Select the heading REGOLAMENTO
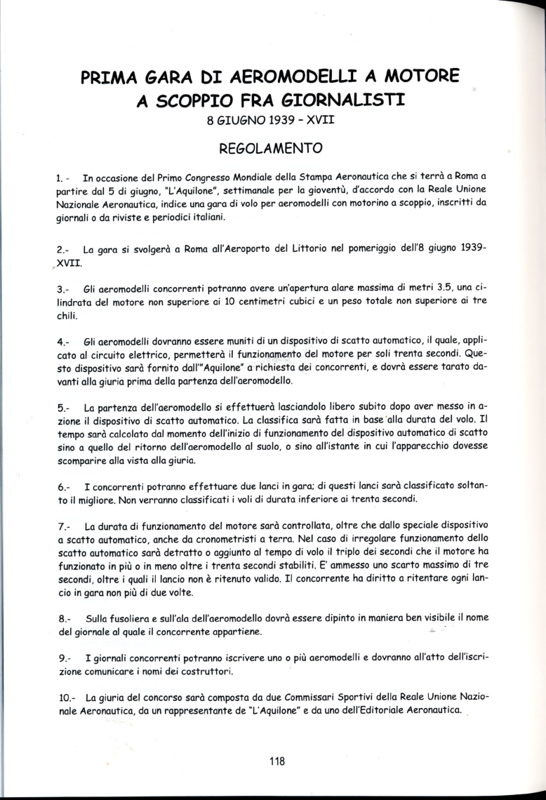click(x=271, y=149)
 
